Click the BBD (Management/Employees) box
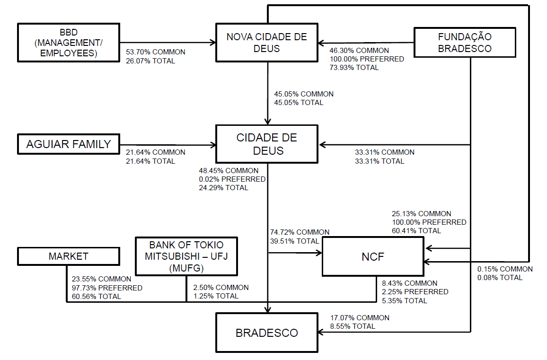click(68, 43)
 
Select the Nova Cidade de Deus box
click(267, 43)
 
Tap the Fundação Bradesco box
click(464, 43)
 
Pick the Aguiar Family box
click(68, 144)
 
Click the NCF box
click(373, 257)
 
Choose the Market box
click(68, 256)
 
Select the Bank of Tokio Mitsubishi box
click(186, 256)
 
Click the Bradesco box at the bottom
click(267, 333)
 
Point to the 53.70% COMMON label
click(156, 52)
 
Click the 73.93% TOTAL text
click(354, 68)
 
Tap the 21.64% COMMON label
click(156, 152)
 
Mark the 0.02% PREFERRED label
click(232, 179)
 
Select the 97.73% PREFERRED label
click(107, 288)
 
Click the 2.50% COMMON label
click(221, 288)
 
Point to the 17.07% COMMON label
click(360, 318)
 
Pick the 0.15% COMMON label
click(505, 269)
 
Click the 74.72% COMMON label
click(300, 232)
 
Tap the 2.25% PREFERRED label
click(415, 292)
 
